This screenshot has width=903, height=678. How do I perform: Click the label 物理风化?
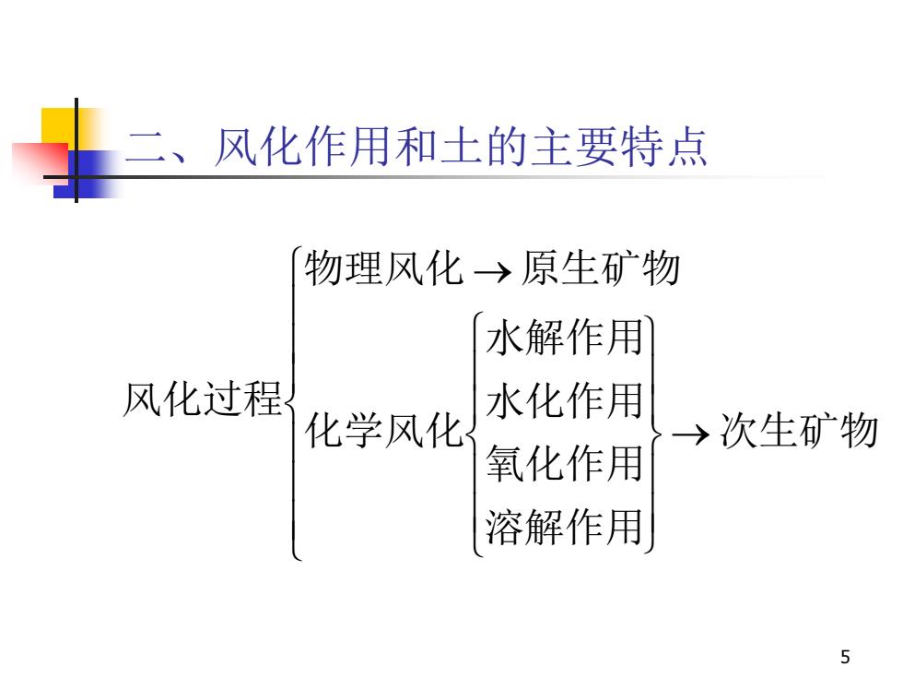coord(383,268)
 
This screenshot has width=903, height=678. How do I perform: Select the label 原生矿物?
coord(601,268)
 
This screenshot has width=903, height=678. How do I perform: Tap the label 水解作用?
coord(564,337)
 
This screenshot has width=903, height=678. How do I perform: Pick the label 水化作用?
coord(564,400)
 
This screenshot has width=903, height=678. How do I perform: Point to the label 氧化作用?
coord(564,463)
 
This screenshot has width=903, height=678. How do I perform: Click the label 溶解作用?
coord(564,527)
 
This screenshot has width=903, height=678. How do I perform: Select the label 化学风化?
coord(383,431)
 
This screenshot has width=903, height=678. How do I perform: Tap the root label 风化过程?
coord(203,398)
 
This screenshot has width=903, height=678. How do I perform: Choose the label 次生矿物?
coord(799,431)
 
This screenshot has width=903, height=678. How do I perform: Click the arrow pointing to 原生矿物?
coord(492,271)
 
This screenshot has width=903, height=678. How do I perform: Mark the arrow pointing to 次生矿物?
coord(690,434)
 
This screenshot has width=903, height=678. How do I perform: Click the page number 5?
coord(845,657)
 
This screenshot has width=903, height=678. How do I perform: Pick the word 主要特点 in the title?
coord(618,147)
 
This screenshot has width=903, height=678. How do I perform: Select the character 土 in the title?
coord(462,147)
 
